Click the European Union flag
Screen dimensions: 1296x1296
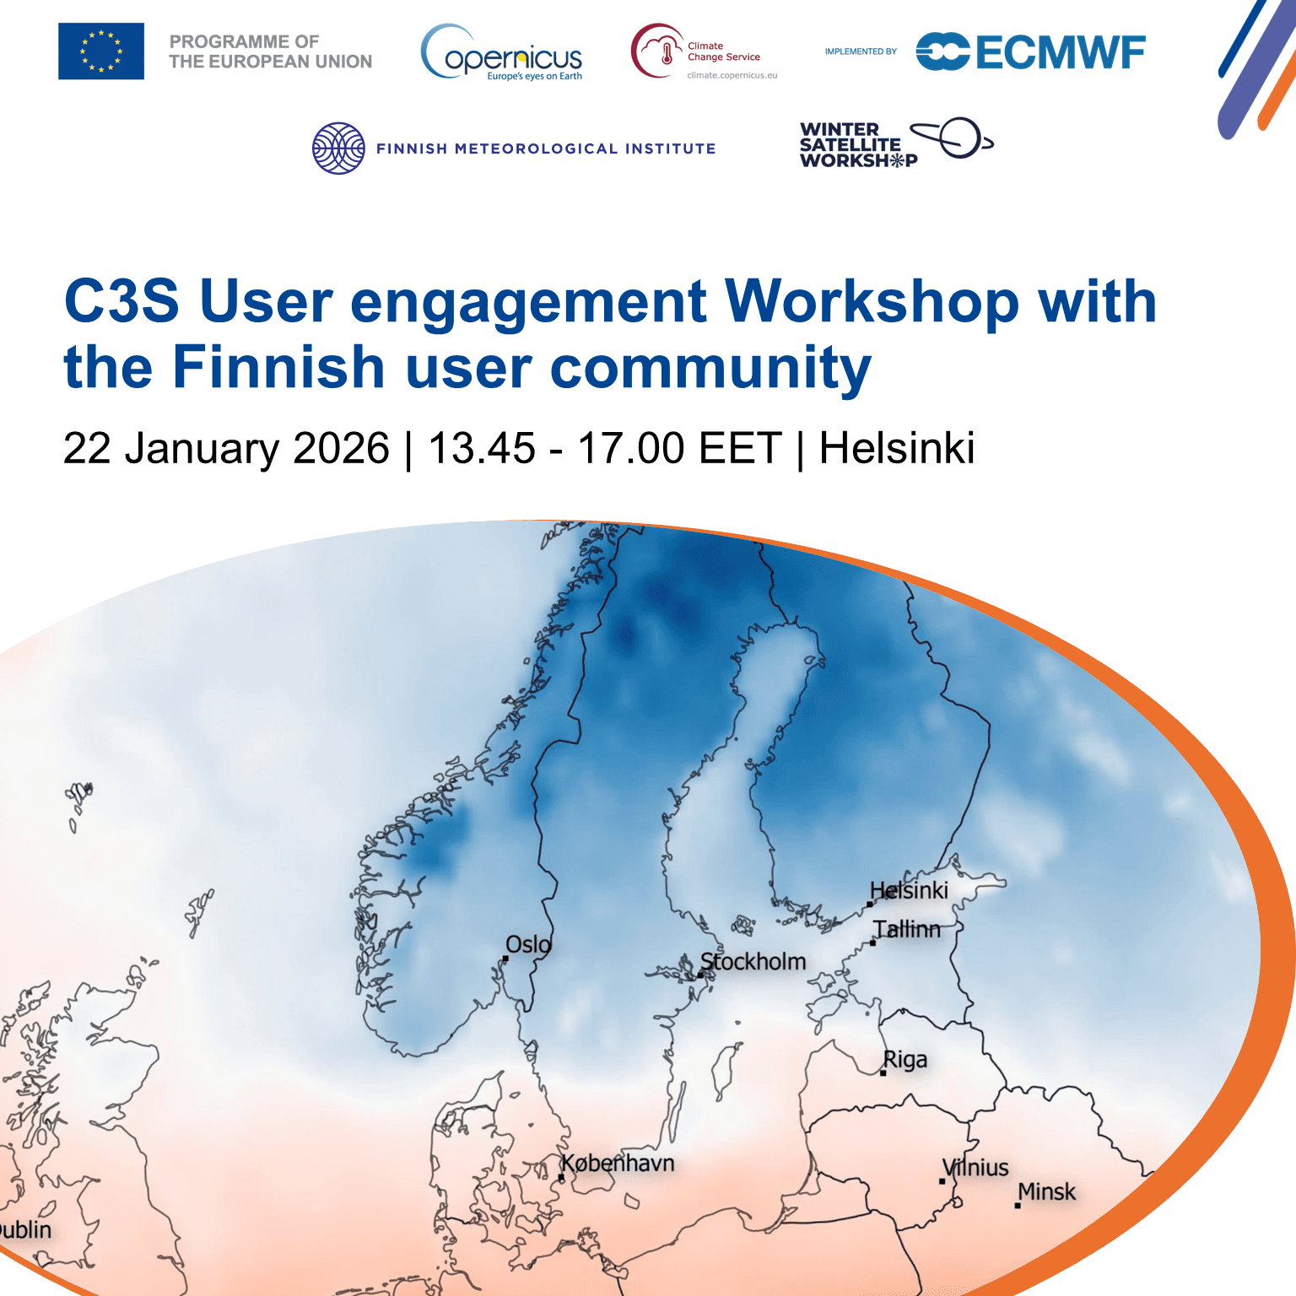101,51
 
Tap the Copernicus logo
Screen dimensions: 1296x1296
501,52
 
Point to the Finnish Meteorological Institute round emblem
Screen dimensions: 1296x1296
338,148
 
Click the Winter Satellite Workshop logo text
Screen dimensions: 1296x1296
858,145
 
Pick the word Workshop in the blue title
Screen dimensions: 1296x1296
872,301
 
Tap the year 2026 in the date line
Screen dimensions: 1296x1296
341,448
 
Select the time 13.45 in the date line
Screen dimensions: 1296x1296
482,448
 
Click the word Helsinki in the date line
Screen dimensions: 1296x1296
897,448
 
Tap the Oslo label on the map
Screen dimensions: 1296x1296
528,944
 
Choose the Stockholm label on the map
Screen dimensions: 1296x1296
753,962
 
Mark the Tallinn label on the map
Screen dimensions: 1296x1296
907,929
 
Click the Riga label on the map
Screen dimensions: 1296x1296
905,1060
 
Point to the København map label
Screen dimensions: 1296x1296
618,1164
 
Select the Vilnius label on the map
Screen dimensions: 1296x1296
976,1168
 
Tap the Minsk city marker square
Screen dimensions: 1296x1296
1018,1206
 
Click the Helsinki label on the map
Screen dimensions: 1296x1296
910,890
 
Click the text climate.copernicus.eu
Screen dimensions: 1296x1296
732,75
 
